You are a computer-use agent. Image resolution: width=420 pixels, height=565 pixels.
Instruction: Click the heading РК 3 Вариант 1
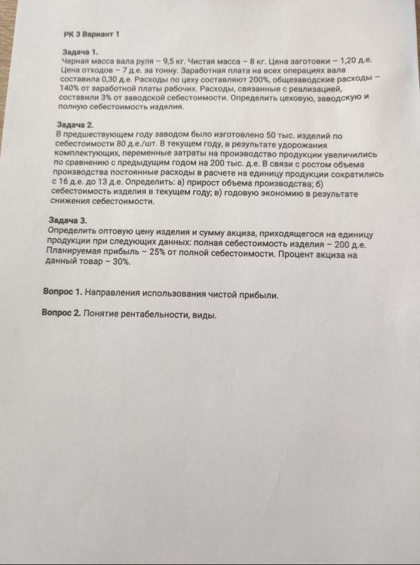pyautogui.click(x=91, y=32)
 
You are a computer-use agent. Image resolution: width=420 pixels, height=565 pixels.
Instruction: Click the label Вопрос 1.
pyautogui.click(x=62, y=293)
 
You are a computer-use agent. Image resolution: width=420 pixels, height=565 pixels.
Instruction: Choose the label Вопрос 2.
pyautogui.click(x=61, y=313)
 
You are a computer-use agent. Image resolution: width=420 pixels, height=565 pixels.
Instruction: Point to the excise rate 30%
pyautogui.click(x=120, y=264)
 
